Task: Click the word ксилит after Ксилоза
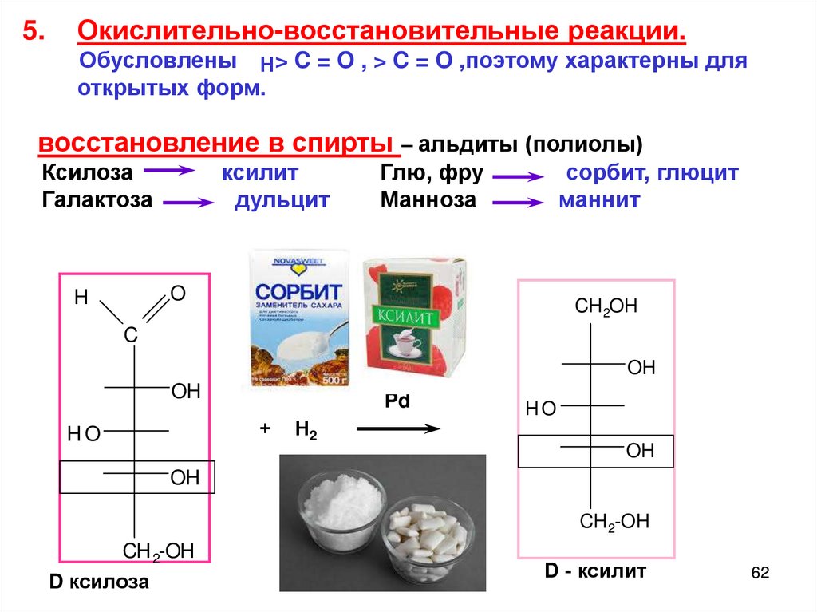click(x=260, y=172)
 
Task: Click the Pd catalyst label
click(x=397, y=401)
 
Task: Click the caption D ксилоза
click(x=99, y=582)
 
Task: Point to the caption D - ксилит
click(x=595, y=571)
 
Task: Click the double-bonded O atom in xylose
click(x=178, y=294)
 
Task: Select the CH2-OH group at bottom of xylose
click(x=158, y=550)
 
